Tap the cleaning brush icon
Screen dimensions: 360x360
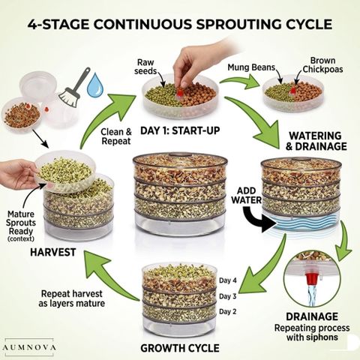(74, 88)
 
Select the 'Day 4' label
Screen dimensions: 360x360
(228, 280)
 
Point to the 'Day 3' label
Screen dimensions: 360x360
(228, 296)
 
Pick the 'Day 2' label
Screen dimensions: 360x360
(228, 312)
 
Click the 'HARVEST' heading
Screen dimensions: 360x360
(53, 252)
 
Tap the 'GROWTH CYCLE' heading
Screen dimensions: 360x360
(180, 348)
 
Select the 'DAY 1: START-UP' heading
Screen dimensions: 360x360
(180, 130)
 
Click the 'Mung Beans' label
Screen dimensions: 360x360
(251, 67)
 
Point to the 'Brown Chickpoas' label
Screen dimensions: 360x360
(322, 64)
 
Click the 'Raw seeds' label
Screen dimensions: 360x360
(145, 67)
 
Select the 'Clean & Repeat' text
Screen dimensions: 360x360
(116, 136)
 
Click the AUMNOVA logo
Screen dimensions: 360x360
(29, 347)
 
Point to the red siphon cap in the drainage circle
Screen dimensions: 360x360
(311, 278)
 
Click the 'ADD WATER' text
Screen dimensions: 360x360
(247, 195)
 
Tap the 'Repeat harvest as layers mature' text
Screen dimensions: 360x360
(72, 298)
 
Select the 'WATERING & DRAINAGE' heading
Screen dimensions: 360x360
(316, 141)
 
